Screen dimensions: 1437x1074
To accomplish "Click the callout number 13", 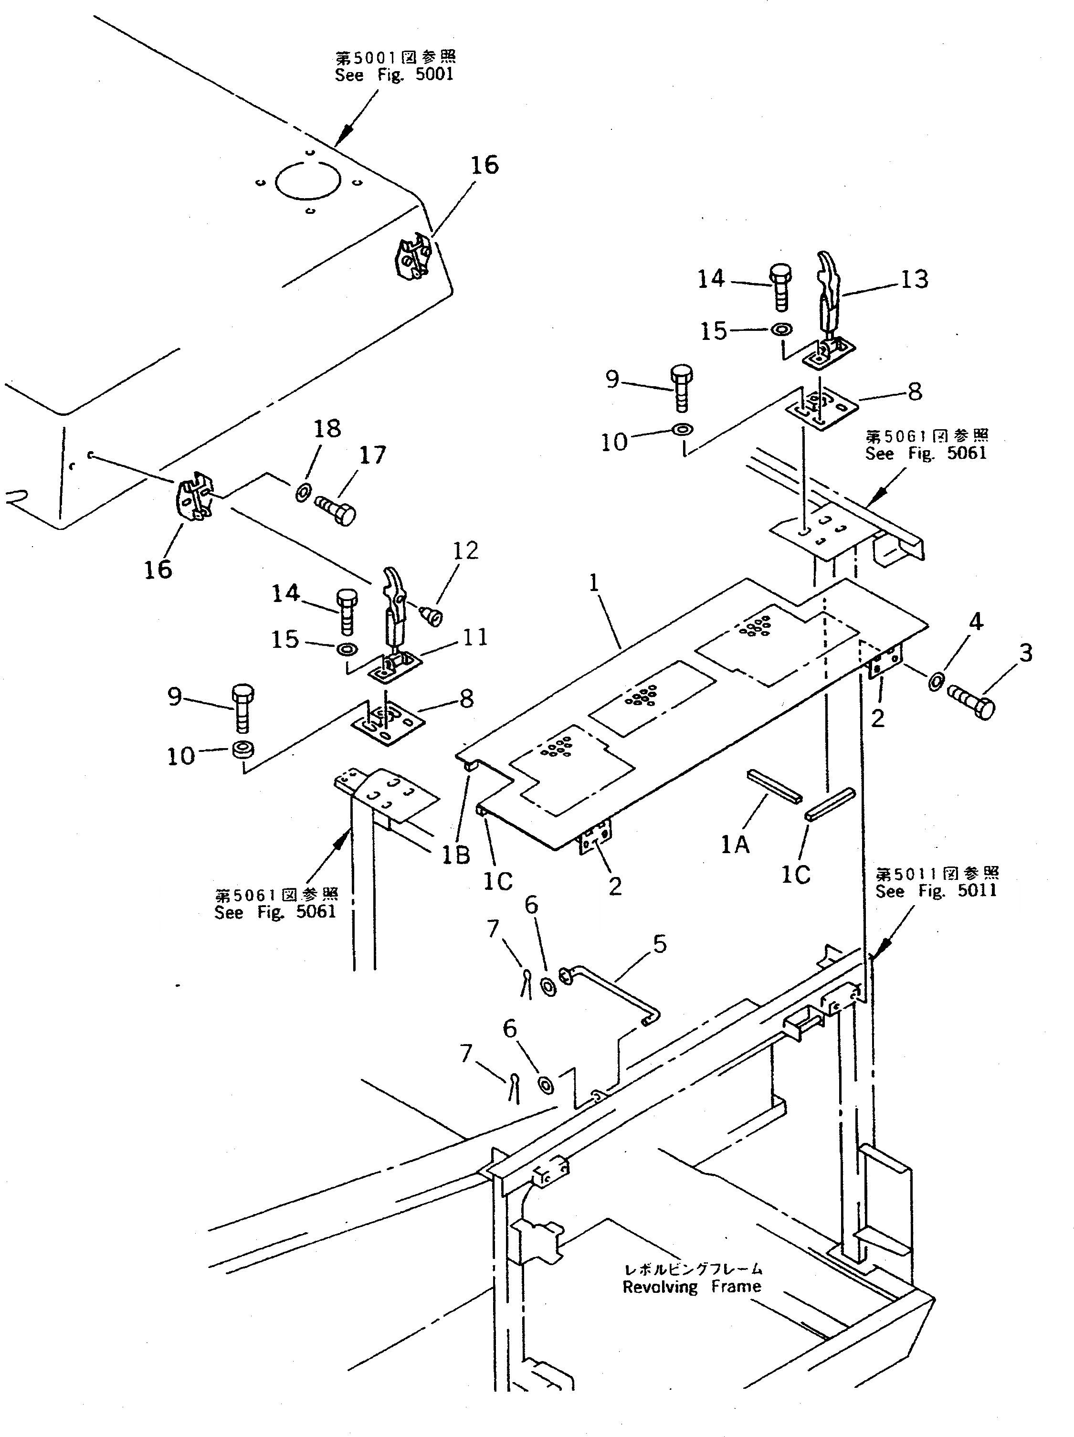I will pos(914,279).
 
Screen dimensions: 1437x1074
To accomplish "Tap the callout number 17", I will pos(372,455).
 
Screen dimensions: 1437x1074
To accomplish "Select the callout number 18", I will pos(327,429).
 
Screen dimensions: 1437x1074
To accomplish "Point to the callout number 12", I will pos(465,550).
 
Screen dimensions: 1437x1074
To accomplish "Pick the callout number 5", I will pos(660,944).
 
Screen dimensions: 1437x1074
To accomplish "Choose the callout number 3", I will pos(1025,652).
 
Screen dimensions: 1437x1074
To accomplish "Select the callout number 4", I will pos(976,622).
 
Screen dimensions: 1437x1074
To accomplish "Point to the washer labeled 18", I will pos(302,494).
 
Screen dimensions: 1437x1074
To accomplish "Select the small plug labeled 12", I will pos(432,614).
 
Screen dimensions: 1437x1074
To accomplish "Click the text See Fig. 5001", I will pos(394,74).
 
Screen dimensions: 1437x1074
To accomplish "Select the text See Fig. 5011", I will pos(936,891).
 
